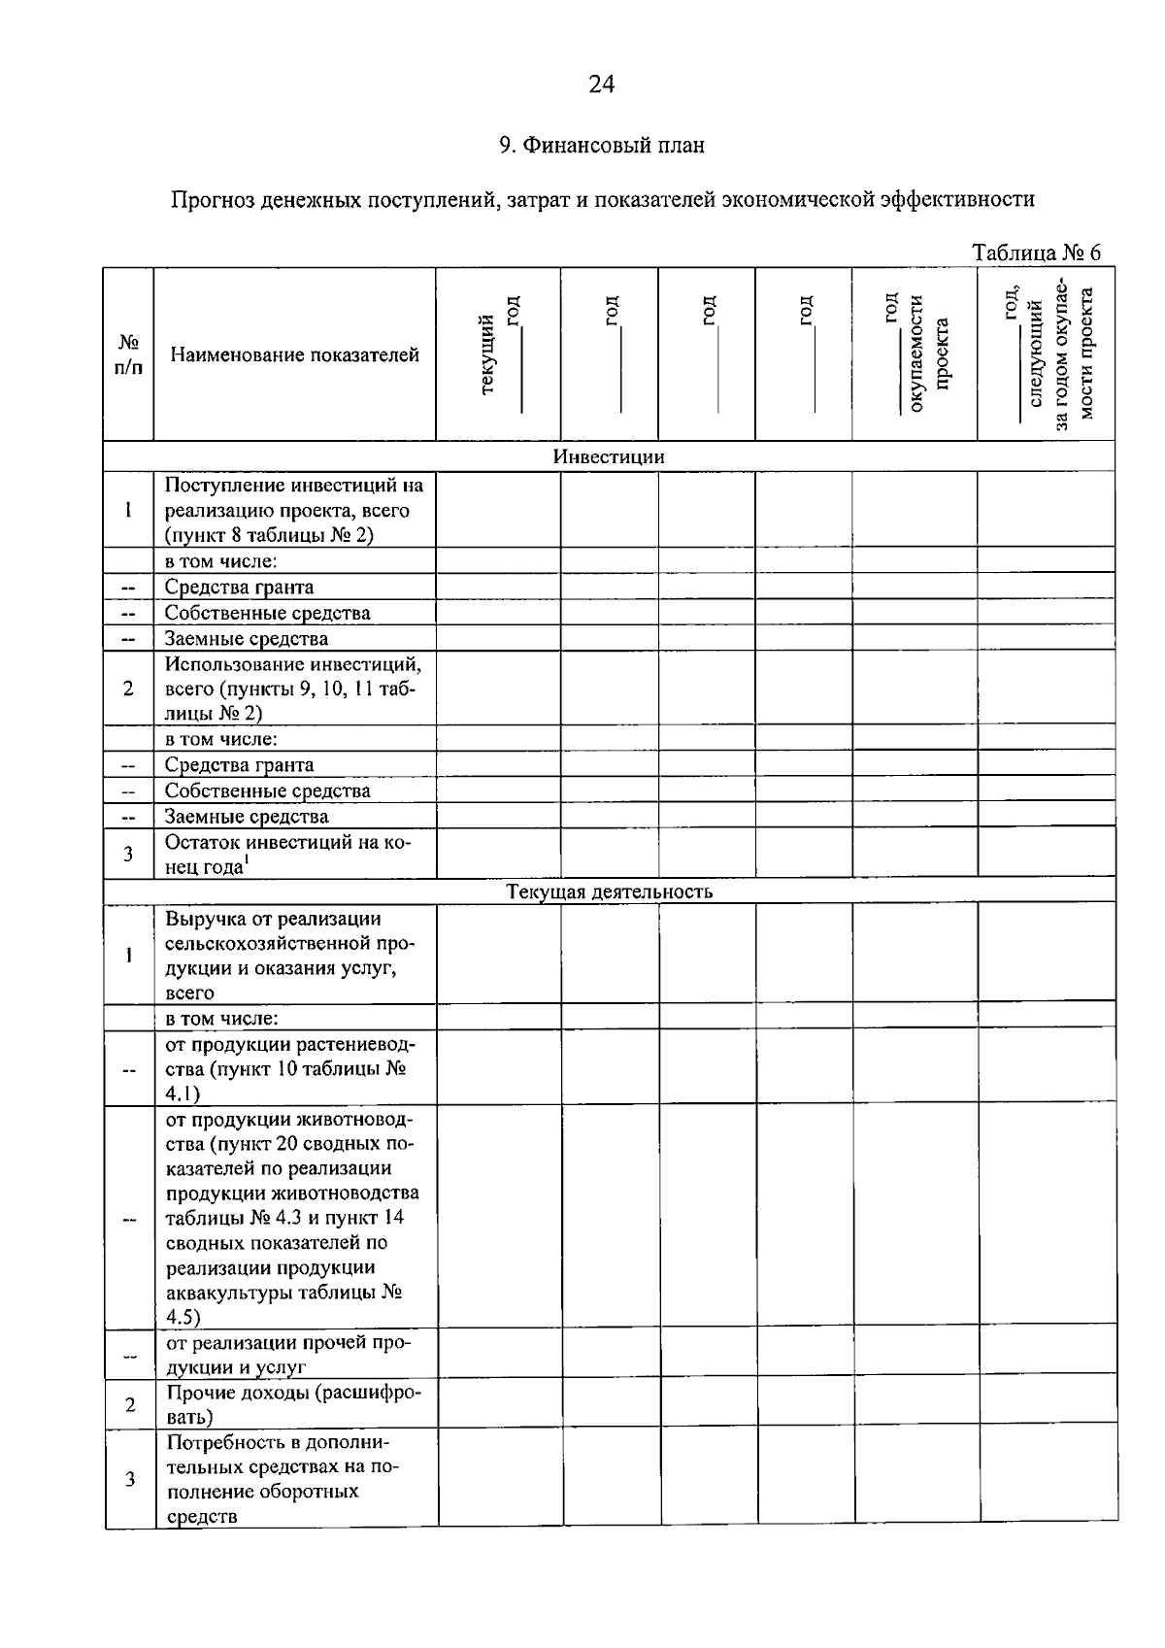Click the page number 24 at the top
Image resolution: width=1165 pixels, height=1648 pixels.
601,85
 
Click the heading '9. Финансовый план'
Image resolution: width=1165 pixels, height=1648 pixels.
601,146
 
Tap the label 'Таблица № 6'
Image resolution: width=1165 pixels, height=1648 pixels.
1036,253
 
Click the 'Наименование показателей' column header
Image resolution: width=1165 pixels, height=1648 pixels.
294,355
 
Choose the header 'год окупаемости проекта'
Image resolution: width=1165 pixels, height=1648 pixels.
915,354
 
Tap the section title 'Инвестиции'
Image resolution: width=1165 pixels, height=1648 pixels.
609,457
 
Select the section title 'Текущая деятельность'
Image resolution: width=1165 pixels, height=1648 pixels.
609,891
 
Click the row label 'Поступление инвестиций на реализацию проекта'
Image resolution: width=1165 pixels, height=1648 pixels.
293,510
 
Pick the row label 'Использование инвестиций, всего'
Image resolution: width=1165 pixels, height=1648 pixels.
293,689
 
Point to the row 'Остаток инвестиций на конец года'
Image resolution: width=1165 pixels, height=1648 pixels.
287,855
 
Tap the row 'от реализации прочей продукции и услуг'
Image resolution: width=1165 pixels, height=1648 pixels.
287,1355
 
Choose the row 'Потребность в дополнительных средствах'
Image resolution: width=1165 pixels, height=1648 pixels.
282,1479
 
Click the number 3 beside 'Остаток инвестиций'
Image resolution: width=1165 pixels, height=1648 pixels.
129,855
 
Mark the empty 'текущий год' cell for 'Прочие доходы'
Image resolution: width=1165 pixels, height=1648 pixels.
500,1404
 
